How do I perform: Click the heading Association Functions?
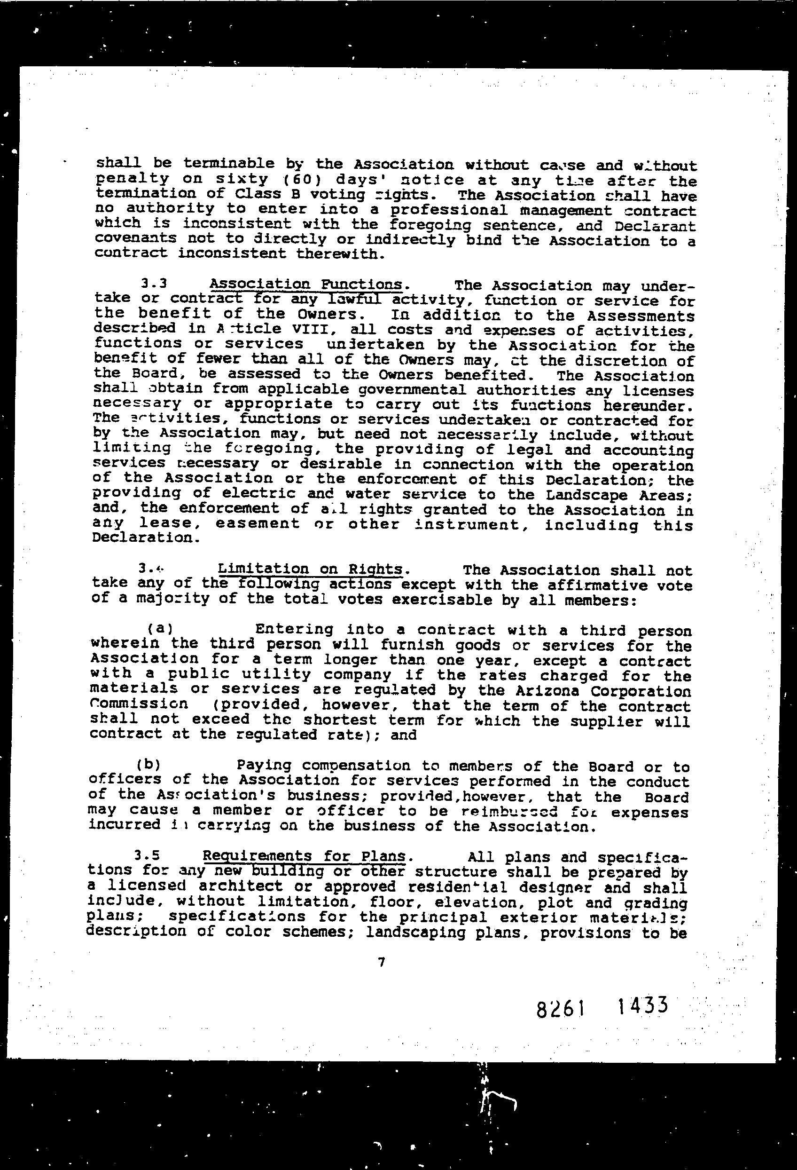click(x=306, y=285)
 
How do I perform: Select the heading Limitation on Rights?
click(x=310, y=569)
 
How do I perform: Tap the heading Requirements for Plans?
click(x=304, y=856)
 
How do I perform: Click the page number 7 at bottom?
click(x=381, y=962)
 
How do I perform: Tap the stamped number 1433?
click(x=642, y=1006)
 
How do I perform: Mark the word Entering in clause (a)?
click(x=294, y=629)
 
